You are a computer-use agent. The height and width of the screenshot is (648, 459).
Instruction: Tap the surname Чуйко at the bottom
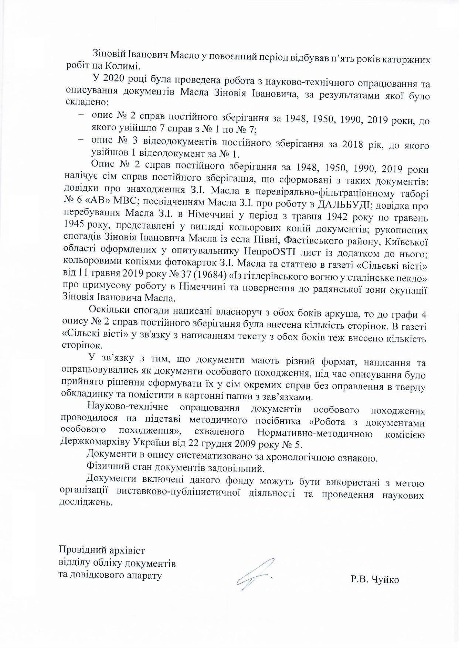tap(384, 579)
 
